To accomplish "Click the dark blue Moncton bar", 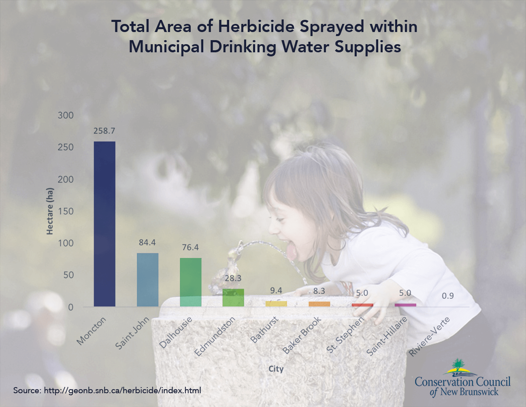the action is [104, 224].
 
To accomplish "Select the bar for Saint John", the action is [148, 280].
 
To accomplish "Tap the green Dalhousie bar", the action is [191, 282].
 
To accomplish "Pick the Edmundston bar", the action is [233, 298].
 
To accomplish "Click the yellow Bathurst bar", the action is [276, 304].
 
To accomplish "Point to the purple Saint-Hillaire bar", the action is [405, 305].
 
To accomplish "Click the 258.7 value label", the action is [104, 131].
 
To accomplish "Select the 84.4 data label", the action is [147, 242].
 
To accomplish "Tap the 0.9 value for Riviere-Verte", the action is [448, 296].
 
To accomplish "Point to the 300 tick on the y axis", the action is [66, 115].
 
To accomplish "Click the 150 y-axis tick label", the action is [66, 211].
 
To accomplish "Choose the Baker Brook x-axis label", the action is [302, 335].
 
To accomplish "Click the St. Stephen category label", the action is [345, 334].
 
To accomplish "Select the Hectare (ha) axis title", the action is [50, 211].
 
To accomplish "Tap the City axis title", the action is [276, 369].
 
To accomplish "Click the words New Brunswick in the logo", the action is [469, 392].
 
